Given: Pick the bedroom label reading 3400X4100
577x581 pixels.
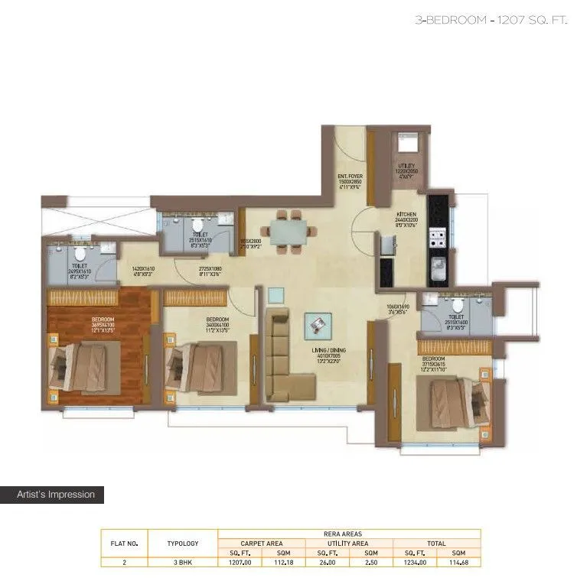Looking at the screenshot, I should tap(216, 326).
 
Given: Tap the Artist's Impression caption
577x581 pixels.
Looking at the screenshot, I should tap(56, 495).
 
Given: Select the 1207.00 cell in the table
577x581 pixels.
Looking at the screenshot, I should tap(240, 562).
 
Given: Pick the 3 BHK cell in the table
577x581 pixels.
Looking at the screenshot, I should tap(182, 562).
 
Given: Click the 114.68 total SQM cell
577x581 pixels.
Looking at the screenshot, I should tap(458, 562).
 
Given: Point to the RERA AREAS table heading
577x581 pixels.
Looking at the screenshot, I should tap(349, 534).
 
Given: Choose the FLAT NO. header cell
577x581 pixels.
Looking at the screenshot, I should tap(124, 543).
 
